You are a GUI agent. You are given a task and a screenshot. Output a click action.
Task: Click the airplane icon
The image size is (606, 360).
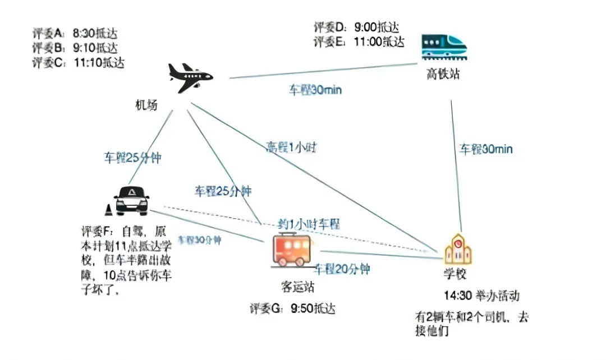pos(190,77)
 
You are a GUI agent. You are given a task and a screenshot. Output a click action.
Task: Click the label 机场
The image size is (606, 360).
pos(146,105)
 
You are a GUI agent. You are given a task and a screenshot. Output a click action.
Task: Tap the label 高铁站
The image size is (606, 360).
pos(442,73)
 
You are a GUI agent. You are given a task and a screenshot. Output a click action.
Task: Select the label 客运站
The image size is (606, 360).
pos(297,288)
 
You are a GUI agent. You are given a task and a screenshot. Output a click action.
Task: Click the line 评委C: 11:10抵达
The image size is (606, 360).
pos(77,62)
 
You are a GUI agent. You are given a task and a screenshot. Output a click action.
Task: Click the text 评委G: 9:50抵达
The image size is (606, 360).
pos(293,308)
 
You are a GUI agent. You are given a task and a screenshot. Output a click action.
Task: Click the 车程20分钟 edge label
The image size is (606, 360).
pos(342,269)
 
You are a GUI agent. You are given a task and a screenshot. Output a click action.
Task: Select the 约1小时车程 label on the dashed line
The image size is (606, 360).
pos(309,224)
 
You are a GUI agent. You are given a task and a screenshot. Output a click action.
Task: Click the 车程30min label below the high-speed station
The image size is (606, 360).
pos(486,149)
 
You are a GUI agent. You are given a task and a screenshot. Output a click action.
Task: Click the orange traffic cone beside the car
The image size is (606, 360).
pos(108,210)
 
